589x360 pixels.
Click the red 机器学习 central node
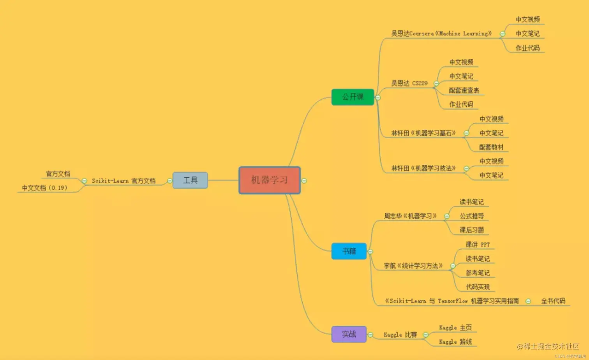pyautogui.click(x=269, y=180)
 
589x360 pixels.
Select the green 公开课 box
pyautogui.click(x=353, y=97)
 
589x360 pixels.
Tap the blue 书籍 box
pyautogui.click(x=349, y=251)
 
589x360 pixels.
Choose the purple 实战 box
pyautogui.click(x=349, y=334)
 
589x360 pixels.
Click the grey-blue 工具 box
pyautogui.click(x=190, y=180)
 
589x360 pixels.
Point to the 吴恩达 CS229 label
pyautogui.click(x=409, y=83)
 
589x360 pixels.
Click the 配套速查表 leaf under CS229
pyautogui.click(x=464, y=90)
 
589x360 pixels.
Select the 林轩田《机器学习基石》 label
pyautogui.click(x=423, y=133)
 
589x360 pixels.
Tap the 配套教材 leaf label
pyautogui.click(x=491, y=147)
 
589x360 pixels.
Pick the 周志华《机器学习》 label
pyautogui.click(x=410, y=216)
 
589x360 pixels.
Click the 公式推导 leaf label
pyautogui.click(x=471, y=216)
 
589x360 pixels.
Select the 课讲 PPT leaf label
pyautogui.click(x=478, y=245)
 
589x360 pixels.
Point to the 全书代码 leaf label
pyautogui.click(x=553, y=301)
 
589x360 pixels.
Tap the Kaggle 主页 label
pyautogui.click(x=455, y=328)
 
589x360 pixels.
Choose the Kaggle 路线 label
pyautogui.click(x=455, y=342)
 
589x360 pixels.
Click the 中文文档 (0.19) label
pyautogui.click(x=44, y=188)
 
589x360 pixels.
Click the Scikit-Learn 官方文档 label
pyautogui.click(x=123, y=181)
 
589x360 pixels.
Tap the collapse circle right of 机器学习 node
pyautogui.click(x=304, y=181)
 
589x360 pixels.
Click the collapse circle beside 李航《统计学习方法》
pyautogui.click(x=453, y=266)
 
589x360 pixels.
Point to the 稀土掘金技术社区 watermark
pyautogui.click(x=548, y=346)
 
